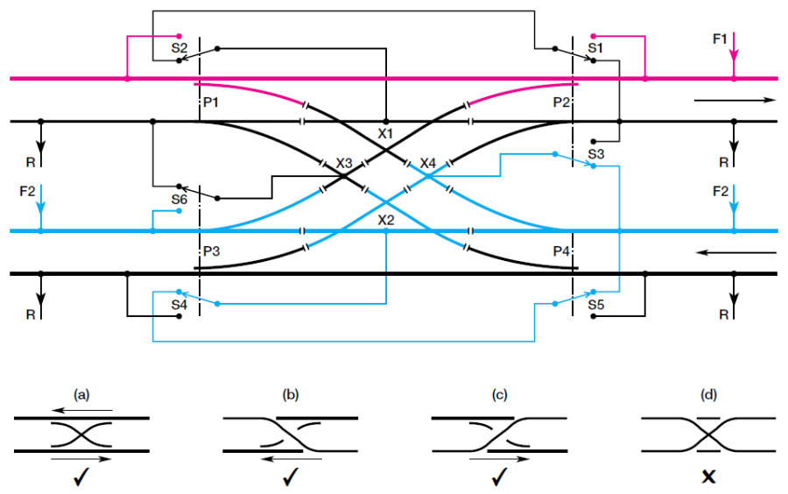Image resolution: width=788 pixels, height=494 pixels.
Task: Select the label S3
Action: pos(596,153)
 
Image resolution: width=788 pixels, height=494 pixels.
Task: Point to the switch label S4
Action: pos(179,305)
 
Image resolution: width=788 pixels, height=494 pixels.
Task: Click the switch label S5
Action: pos(596,305)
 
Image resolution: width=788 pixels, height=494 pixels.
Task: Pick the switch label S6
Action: pos(179,199)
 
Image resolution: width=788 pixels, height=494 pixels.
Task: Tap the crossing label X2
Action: pos(386,219)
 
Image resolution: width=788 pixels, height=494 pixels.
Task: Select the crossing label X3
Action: pos(344,163)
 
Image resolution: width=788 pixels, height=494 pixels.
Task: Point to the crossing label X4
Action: pos(427,163)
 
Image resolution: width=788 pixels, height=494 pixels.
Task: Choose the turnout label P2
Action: pos(561,103)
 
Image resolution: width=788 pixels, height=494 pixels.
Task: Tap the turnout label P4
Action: pos(561,251)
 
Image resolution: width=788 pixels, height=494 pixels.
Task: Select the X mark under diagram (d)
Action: pos(710,478)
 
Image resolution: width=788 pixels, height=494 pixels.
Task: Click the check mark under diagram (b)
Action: pos(291,478)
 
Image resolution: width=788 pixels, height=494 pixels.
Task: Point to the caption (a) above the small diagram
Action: pos(82,395)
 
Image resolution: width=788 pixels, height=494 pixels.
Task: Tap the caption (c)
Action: pos(500,395)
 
